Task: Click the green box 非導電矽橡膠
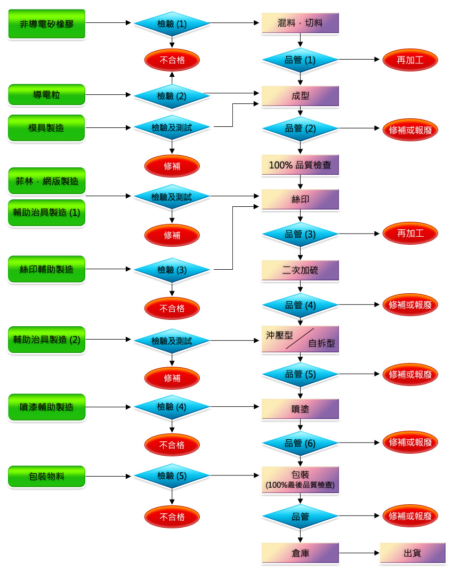pyautogui.click(x=46, y=23)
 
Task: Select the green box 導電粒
pyautogui.click(x=46, y=95)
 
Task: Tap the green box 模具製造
pyautogui.click(x=46, y=128)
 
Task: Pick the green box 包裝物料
pyautogui.click(x=46, y=477)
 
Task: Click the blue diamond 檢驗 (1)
pyautogui.click(x=172, y=23)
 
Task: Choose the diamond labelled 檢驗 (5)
pyautogui.click(x=172, y=476)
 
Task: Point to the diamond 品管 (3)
pyautogui.click(x=300, y=234)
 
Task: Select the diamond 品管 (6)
pyautogui.click(x=300, y=443)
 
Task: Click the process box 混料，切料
pyautogui.click(x=300, y=23)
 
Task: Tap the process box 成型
pyautogui.click(x=300, y=96)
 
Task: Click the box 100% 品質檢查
pyautogui.click(x=300, y=165)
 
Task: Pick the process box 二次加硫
pyautogui.click(x=300, y=270)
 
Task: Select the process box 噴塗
pyautogui.click(x=300, y=409)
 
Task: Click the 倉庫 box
pyautogui.click(x=300, y=553)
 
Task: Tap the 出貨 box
pyautogui.click(x=412, y=553)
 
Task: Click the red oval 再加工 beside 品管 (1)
pyautogui.click(x=410, y=60)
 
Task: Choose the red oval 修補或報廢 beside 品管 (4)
pyautogui.click(x=410, y=304)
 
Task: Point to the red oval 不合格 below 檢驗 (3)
pyautogui.click(x=172, y=309)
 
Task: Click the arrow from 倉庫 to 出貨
pyautogui.click(x=359, y=553)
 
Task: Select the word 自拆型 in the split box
pyautogui.click(x=321, y=343)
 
